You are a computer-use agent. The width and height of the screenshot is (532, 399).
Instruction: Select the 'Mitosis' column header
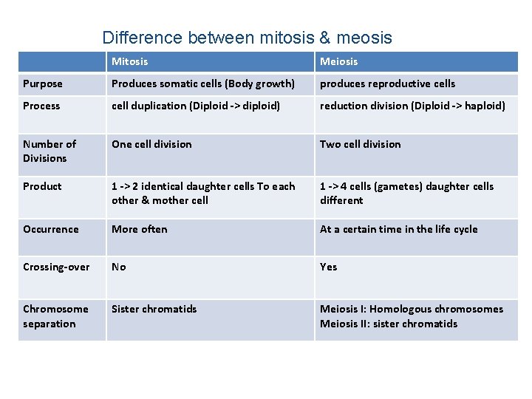click(x=130, y=61)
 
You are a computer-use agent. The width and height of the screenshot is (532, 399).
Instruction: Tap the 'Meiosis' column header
click(x=338, y=61)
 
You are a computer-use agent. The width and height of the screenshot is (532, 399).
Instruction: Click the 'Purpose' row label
click(x=43, y=83)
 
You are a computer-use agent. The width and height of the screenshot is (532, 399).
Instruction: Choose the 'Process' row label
click(x=41, y=106)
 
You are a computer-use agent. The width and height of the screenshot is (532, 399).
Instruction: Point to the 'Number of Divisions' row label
click(x=50, y=151)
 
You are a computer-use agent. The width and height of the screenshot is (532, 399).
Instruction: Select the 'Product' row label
click(x=42, y=186)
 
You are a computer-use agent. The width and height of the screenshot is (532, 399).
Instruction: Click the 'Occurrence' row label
click(x=50, y=229)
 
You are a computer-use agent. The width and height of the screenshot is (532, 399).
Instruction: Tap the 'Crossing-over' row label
click(x=56, y=267)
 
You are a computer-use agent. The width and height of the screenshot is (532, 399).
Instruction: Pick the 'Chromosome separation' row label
click(x=55, y=316)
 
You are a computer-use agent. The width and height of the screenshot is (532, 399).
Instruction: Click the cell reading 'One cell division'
click(x=151, y=144)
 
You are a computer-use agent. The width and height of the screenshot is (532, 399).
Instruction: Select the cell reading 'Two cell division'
click(x=360, y=144)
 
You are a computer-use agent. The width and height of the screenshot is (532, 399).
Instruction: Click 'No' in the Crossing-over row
click(x=119, y=267)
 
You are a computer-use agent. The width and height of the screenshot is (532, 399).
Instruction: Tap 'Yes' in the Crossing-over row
click(x=328, y=267)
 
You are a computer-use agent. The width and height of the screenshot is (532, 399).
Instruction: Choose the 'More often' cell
click(x=140, y=229)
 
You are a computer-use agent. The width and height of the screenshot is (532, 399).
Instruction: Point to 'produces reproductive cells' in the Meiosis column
click(x=387, y=83)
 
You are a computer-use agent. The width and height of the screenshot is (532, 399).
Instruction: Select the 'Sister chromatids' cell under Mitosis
click(x=154, y=309)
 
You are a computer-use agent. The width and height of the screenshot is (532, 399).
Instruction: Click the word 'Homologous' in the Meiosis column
click(x=400, y=309)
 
